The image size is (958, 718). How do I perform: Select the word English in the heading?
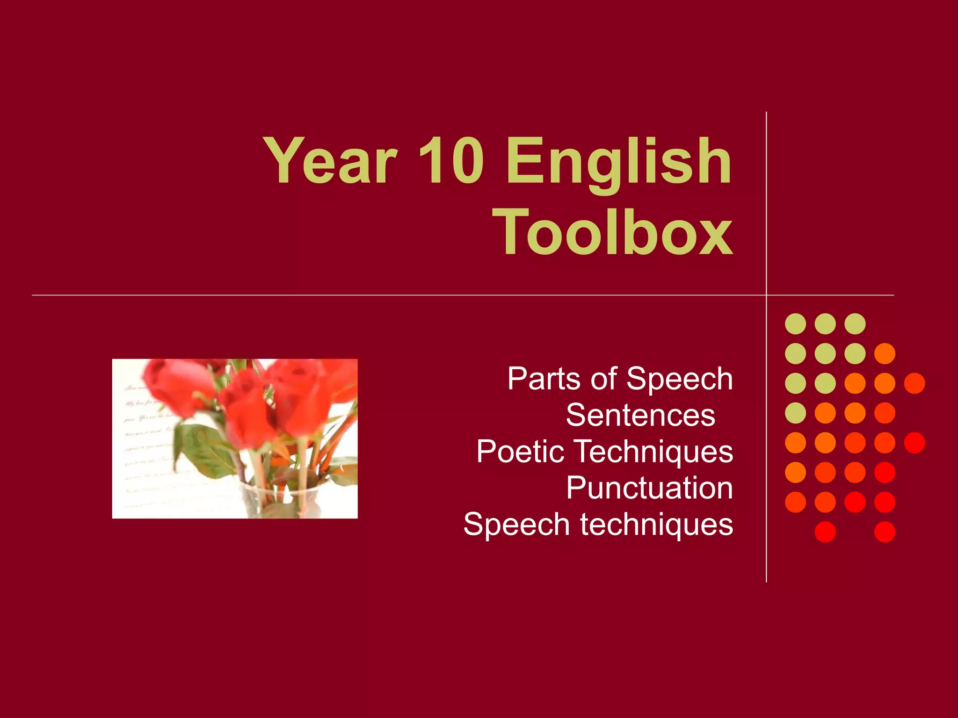[618, 164]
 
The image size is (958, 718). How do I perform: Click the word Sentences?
[640, 415]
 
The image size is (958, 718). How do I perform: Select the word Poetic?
[520, 452]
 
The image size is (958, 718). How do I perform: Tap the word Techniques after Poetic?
[653, 452]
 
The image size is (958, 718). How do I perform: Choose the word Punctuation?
[649, 488]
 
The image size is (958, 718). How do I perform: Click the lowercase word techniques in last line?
[657, 524]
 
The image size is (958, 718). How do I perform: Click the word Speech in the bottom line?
[516, 524]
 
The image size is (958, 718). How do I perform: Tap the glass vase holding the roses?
[276, 500]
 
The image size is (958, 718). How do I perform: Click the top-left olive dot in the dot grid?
[795, 323]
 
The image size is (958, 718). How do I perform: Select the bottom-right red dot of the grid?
[885, 532]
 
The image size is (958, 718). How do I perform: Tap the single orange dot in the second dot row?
[885, 353]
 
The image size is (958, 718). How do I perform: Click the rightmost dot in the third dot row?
[914, 383]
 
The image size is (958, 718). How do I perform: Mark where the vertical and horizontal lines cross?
[766, 295]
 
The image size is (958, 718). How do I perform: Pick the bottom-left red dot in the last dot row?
[825, 532]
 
